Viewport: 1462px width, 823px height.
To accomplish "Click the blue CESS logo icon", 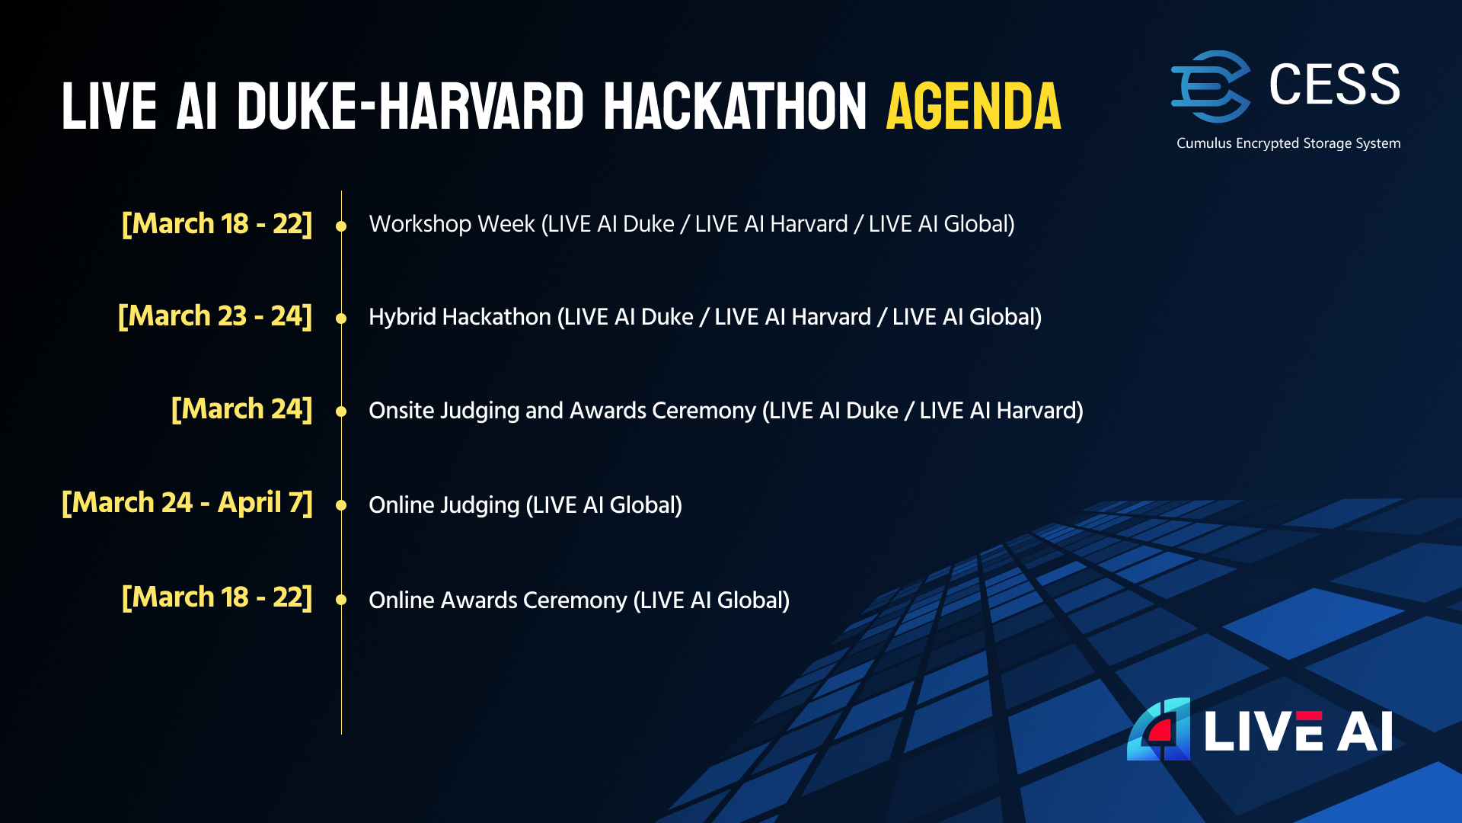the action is pyautogui.click(x=1211, y=86).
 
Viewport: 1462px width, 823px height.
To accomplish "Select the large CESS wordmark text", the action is pyautogui.click(x=1335, y=84).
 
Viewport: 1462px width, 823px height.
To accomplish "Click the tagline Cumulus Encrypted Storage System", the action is pyautogui.click(x=1288, y=143).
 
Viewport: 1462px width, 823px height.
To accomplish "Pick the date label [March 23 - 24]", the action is pyautogui.click(x=215, y=315).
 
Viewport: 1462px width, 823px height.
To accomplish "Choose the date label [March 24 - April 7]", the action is pyautogui.click(x=187, y=502).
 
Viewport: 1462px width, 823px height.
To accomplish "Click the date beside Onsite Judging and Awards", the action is pyautogui.click(x=242, y=409).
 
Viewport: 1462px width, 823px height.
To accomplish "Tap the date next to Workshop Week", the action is pyautogui.click(x=217, y=223).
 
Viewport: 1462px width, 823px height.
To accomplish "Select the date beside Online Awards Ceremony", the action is pyautogui.click(x=217, y=597).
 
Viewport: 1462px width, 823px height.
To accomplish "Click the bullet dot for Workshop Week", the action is pyautogui.click(x=341, y=226).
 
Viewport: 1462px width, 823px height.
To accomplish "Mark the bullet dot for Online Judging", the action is pyautogui.click(x=341, y=505).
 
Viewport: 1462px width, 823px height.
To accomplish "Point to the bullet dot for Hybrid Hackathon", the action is pyautogui.click(x=341, y=319).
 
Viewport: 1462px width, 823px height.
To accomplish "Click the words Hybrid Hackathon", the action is pyautogui.click(x=460, y=317).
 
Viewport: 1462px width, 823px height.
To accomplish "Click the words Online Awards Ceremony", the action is pyautogui.click(x=498, y=600).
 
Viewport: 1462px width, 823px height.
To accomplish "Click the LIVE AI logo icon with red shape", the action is pyautogui.click(x=1159, y=729).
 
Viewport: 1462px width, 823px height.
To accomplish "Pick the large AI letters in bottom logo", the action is pyautogui.click(x=1365, y=732).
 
